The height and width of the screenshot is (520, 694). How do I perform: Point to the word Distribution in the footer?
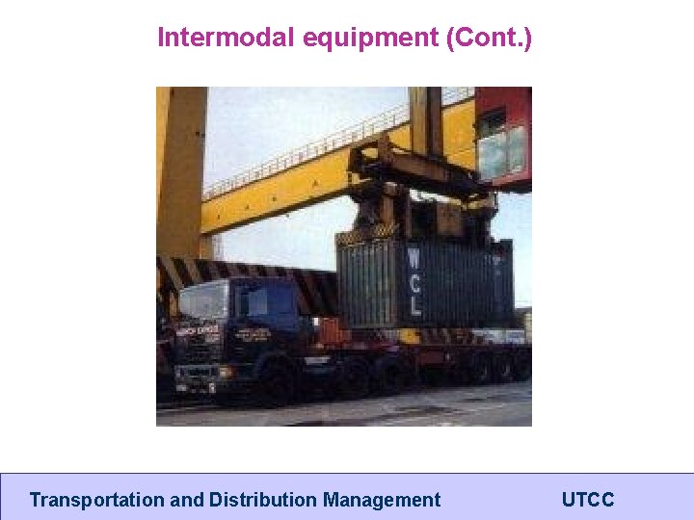pyautogui.click(x=262, y=500)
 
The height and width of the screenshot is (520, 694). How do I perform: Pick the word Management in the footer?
pyautogui.click(x=382, y=500)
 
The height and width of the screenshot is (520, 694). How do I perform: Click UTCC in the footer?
pyautogui.click(x=587, y=500)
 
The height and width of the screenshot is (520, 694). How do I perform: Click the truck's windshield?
pyautogui.click(x=202, y=301)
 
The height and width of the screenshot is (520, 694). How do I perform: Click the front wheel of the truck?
pyautogui.click(x=276, y=381)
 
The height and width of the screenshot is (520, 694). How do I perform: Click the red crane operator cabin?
pyautogui.click(x=503, y=135)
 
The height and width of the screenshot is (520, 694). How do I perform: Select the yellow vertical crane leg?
pyautogui.click(x=180, y=173)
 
